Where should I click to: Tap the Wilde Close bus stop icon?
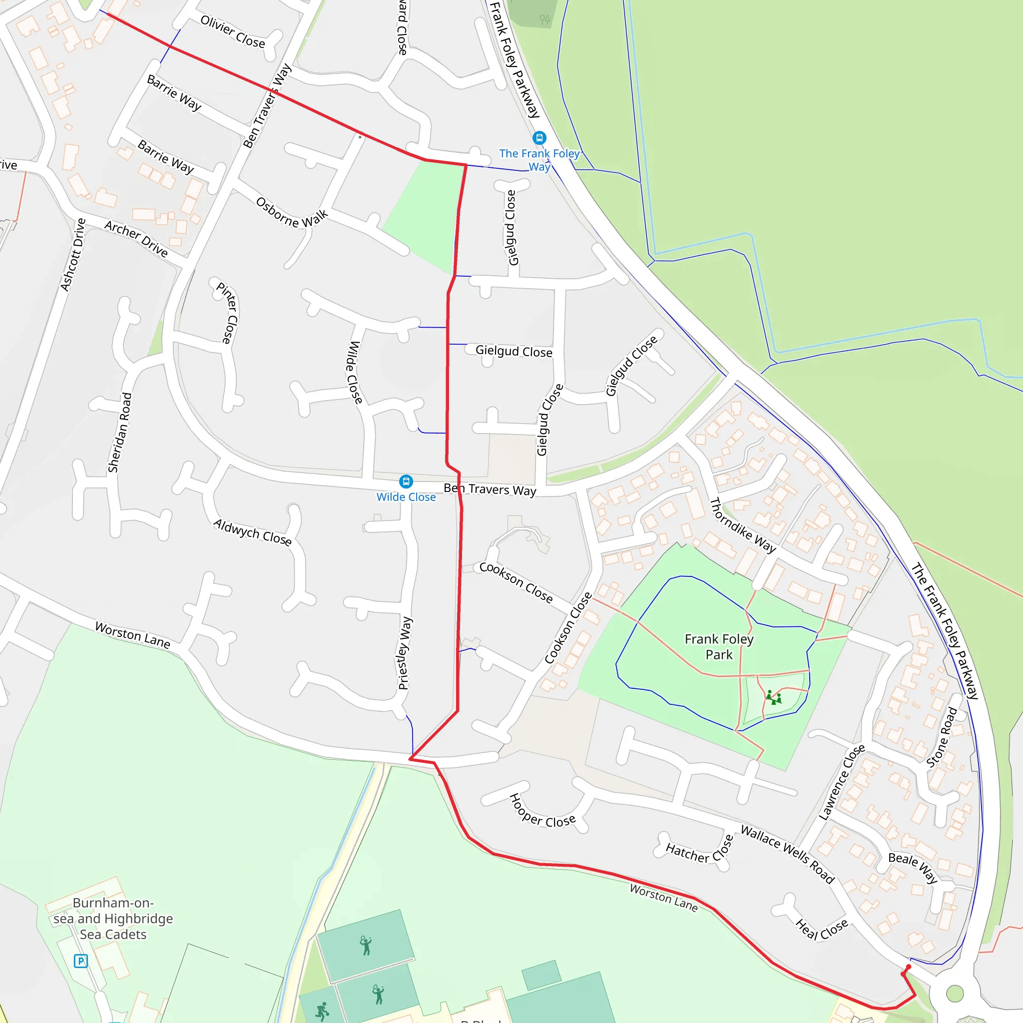(406, 482)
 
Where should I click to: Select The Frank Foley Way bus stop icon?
(539, 138)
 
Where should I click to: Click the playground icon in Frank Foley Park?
(773, 697)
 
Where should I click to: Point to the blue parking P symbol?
(80, 961)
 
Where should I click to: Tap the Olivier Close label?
(232, 32)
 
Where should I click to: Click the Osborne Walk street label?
(292, 212)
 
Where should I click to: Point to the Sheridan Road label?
(120, 432)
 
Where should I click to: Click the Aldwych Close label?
(253, 532)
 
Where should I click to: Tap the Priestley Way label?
(405, 653)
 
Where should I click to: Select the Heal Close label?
(821, 929)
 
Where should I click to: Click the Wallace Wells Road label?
(787, 854)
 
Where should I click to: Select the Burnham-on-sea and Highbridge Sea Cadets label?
(113, 918)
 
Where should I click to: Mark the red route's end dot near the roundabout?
(909, 968)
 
